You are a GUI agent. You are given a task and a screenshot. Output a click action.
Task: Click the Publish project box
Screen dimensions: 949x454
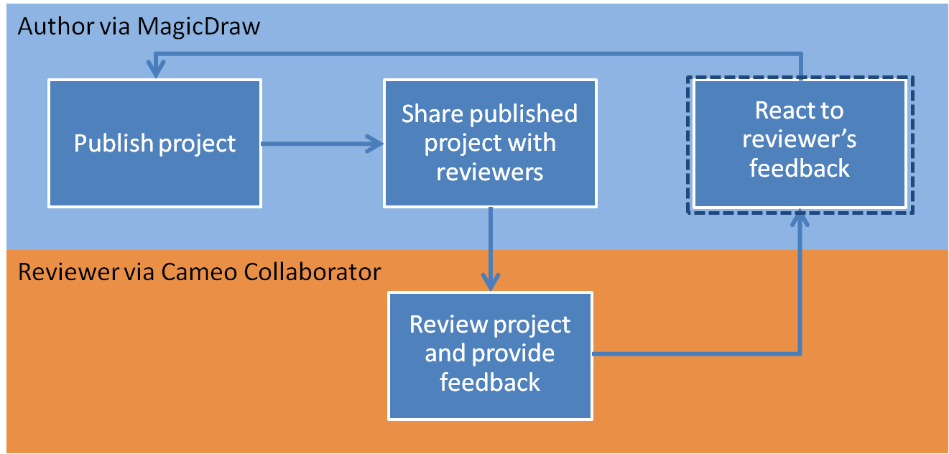pyautogui.click(x=154, y=143)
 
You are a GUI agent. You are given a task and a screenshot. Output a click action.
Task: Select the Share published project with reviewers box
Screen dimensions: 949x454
pyautogui.click(x=490, y=143)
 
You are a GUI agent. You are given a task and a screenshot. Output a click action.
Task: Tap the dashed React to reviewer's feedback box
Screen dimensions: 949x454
pyautogui.click(x=800, y=145)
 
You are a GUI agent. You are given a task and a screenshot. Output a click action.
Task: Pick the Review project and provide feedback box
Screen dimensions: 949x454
pyautogui.click(x=490, y=356)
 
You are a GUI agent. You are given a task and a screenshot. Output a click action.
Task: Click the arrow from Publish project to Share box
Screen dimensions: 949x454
pyautogui.click(x=322, y=144)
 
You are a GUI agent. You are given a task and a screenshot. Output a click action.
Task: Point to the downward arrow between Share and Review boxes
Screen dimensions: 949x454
pyautogui.click(x=491, y=249)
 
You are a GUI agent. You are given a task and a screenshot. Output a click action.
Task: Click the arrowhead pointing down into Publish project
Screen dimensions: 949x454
pyautogui.click(x=156, y=70)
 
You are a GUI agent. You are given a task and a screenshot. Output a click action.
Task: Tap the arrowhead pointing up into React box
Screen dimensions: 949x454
pyautogui.click(x=800, y=218)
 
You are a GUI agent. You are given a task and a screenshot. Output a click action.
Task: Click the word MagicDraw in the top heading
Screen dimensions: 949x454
pyautogui.click(x=199, y=27)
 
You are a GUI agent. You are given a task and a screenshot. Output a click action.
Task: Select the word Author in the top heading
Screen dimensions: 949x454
pyautogui.click(x=56, y=27)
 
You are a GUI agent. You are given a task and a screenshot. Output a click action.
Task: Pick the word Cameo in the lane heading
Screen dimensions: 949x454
pyautogui.click(x=199, y=272)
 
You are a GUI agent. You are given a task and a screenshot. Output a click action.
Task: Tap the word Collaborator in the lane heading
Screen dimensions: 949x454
pyautogui.click(x=313, y=272)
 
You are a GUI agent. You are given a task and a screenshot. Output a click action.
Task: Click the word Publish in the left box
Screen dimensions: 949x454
pyautogui.click(x=114, y=144)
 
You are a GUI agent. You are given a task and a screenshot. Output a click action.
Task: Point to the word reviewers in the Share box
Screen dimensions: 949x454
pyautogui.click(x=490, y=172)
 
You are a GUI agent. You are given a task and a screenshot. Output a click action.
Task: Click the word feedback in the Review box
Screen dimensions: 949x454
pyautogui.click(x=490, y=382)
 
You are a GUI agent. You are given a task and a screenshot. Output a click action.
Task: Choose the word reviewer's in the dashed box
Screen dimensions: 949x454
pyautogui.click(x=800, y=140)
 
